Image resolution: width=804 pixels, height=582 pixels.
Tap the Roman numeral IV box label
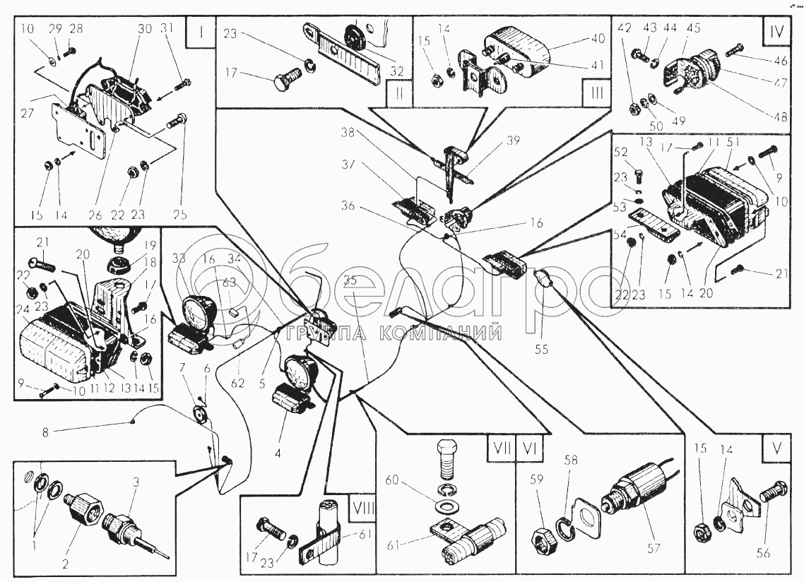776,32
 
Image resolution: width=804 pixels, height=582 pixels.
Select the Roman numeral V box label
776,449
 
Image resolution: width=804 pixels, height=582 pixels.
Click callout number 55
541,349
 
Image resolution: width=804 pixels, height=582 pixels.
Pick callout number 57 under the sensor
654,548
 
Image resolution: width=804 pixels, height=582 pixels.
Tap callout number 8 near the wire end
45,432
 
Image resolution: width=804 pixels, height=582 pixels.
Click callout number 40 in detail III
598,38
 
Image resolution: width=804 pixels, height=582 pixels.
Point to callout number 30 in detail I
145,29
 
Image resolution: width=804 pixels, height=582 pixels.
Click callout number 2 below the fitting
65,564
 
